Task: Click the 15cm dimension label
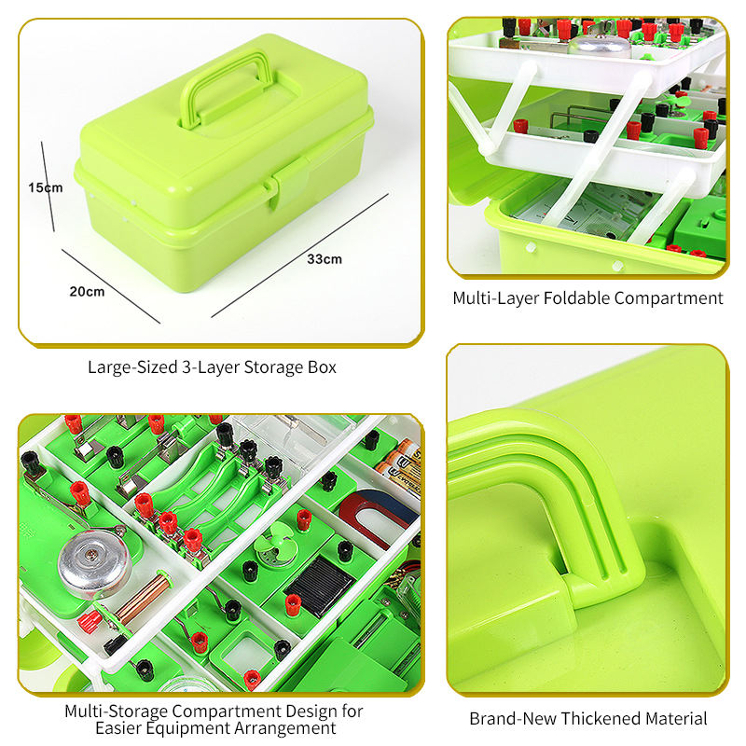click(x=45, y=187)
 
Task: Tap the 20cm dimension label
click(x=87, y=291)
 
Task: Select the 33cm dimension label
click(x=325, y=259)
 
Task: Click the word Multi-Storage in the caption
click(x=116, y=711)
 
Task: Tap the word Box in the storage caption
click(x=323, y=367)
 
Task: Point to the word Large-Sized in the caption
click(x=132, y=367)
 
